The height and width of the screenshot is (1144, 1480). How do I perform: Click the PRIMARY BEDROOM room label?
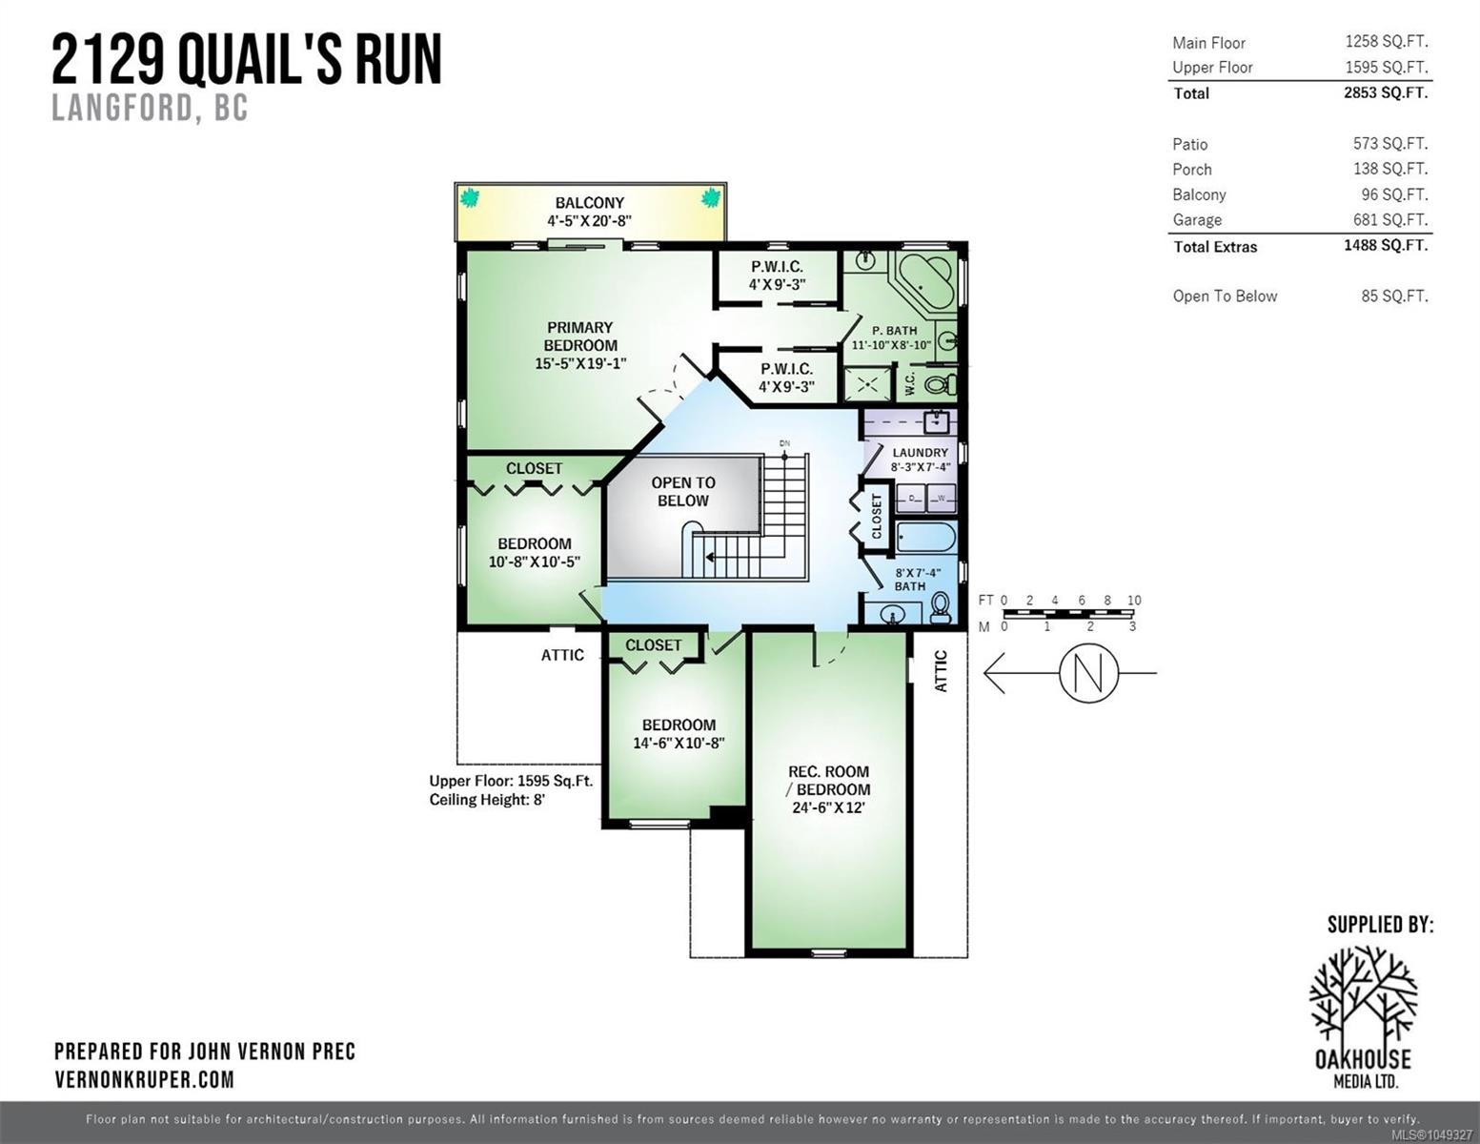580,337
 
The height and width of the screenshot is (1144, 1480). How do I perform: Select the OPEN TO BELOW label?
683,491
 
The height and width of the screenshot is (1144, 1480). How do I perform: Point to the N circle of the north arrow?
1089,673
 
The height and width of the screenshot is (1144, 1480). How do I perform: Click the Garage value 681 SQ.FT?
1390,219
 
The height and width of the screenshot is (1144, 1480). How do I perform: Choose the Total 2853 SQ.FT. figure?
1386,92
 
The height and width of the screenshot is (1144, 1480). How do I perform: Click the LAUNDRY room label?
921,453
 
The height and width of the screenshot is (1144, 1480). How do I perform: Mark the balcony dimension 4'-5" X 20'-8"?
590,221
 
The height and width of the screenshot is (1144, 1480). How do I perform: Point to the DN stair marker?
784,443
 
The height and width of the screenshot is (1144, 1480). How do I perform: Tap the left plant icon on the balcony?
469,198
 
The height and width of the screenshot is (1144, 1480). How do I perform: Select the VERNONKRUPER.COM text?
145,1080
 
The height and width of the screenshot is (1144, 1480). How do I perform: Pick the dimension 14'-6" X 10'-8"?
679,743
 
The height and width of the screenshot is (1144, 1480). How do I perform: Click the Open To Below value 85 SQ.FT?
1394,296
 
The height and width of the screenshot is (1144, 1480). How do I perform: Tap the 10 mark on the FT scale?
1133,601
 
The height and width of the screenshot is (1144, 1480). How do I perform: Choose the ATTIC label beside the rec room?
941,671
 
